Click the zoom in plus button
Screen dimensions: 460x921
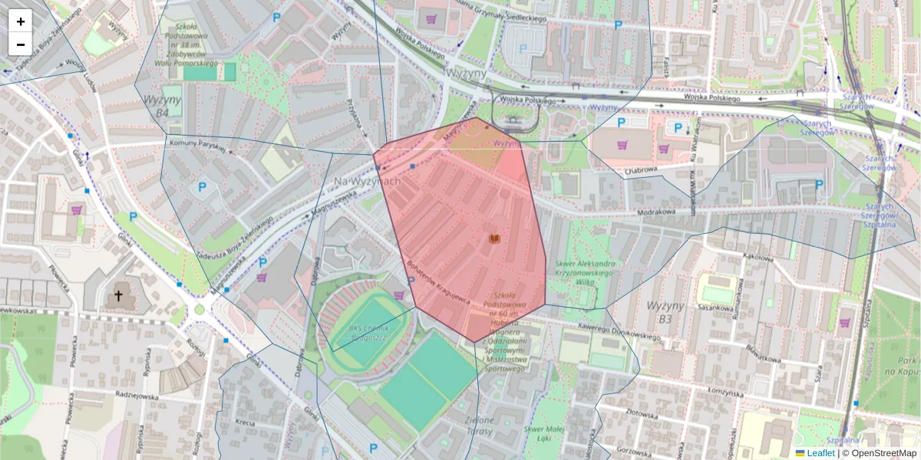[x=21, y=21]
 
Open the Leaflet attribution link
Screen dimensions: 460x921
[x=820, y=453]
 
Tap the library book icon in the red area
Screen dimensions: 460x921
[x=494, y=239]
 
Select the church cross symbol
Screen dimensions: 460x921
[x=118, y=294]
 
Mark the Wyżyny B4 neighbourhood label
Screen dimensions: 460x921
[x=162, y=106]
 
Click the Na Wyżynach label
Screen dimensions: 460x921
[x=368, y=182]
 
